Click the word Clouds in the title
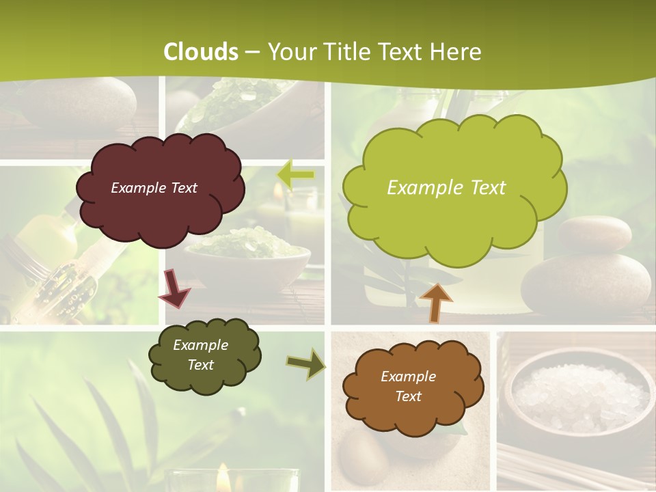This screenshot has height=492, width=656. coord(201,51)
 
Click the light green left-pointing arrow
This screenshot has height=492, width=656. coord(296,175)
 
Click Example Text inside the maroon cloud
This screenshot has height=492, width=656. coord(154,188)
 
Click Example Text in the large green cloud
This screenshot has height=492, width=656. coord(446,188)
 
